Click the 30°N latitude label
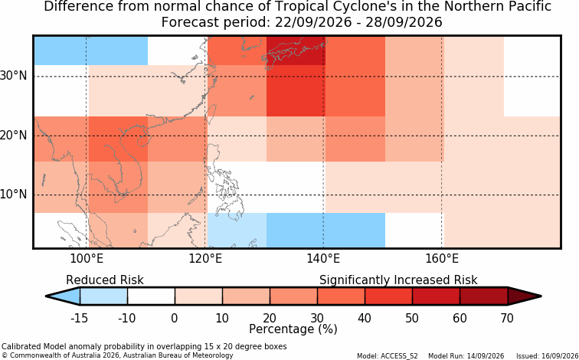pos(13,76)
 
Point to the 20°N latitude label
pos(13,135)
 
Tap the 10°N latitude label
pos(13,195)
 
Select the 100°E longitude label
pos(87,259)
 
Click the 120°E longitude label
pos(205,259)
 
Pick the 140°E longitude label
pos(323,259)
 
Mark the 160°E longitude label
pos(442,259)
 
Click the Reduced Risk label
pos(105,280)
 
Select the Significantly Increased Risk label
pos(398,280)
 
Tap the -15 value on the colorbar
pos(80,318)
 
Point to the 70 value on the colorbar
pos(507,318)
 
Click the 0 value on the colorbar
pos(175,318)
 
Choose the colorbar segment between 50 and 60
pos(436,296)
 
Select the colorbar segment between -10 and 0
pos(151,296)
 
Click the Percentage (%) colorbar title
pos(293,329)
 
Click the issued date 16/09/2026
pos(556,356)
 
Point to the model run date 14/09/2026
pos(485,356)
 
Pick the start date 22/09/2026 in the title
pos(313,22)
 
